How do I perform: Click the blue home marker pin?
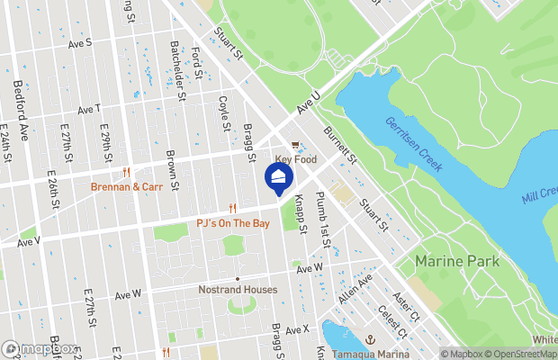tap(279, 176)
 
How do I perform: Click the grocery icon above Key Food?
tap(294, 144)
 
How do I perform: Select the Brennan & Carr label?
tap(126, 187)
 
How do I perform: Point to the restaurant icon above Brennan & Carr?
tap(126, 173)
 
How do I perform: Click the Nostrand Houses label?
tap(238, 290)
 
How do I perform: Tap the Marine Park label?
tap(453, 261)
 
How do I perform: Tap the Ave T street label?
tap(88, 110)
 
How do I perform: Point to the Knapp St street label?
tap(301, 217)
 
